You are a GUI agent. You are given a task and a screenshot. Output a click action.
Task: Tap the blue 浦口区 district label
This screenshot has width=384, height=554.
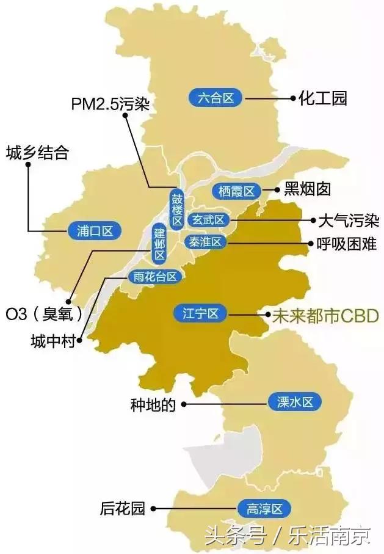[91, 230]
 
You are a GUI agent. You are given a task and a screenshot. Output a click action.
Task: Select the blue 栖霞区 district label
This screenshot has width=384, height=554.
[236, 191]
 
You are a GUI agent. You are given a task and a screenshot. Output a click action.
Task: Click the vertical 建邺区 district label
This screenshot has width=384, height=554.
[159, 243]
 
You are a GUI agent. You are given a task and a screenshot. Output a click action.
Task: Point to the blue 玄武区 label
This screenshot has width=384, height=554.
[208, 220]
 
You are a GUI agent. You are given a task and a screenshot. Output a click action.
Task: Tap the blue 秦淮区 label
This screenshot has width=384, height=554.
[206, 242]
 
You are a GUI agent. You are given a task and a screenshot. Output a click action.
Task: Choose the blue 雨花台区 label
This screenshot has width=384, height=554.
[156, 277]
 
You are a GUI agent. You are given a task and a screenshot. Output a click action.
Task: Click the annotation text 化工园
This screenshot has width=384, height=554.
[323, 97]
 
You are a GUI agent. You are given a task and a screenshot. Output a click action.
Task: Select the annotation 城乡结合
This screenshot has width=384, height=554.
[37, 152]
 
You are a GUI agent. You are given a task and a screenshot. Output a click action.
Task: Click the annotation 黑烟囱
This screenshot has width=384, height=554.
[308, 189]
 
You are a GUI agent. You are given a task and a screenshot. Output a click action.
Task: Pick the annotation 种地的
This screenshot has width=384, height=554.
[153, 404]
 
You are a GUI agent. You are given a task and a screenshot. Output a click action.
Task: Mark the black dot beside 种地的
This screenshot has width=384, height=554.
[183, 404]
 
